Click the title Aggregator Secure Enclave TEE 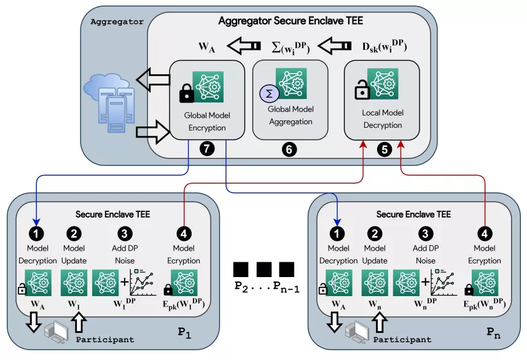pos(291,21)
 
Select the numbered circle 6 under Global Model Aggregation pos(289,149)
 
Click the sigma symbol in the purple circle pos(268,93)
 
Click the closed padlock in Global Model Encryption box pos(185,93)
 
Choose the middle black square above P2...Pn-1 pos(264,269)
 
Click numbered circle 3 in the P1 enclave pos(125,233)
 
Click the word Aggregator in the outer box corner pos(117,22)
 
